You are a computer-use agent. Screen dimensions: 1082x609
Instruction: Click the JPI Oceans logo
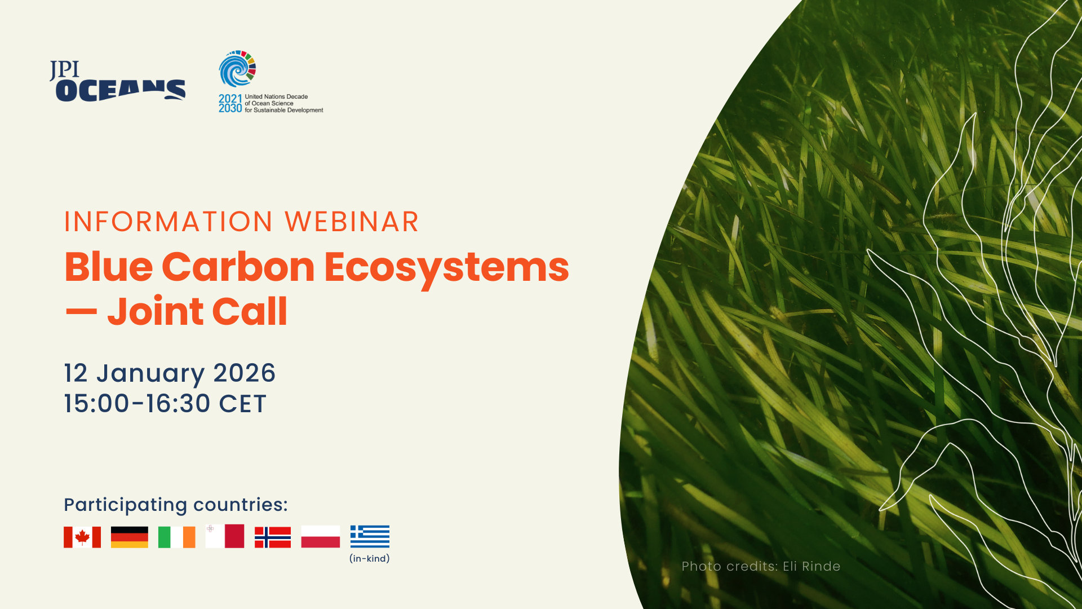tap(117, 81)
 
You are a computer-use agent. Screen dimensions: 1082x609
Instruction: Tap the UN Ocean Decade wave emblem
tap(237, 69)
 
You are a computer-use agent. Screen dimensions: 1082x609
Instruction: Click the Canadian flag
tap(82, 537)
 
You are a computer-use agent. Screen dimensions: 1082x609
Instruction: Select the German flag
tap(130, 537)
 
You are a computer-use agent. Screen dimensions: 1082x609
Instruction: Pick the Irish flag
tap(177, 537)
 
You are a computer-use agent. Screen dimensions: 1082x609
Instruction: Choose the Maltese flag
tap(225, 536)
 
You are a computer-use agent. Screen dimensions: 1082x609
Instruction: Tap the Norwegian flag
tap(273, 537)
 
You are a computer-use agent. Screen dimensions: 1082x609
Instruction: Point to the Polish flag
tap(321, 536)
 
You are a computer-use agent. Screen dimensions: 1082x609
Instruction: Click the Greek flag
tap(370, 536)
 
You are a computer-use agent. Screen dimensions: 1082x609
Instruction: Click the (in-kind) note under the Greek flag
tap(370, 559)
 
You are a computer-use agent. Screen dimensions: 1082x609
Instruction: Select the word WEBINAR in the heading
tap(352, 222)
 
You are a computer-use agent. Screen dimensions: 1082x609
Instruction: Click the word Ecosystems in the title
tap(447, 268)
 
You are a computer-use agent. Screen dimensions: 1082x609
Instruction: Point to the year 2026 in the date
tap(244, 373)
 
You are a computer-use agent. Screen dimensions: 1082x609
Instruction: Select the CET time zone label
tap(242, 404)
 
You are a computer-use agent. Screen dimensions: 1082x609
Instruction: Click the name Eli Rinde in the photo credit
tap(812, 566)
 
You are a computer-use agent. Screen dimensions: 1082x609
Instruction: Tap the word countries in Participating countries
tap(241, 505)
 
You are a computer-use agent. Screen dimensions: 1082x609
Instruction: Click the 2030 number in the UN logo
tap(230, 108)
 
